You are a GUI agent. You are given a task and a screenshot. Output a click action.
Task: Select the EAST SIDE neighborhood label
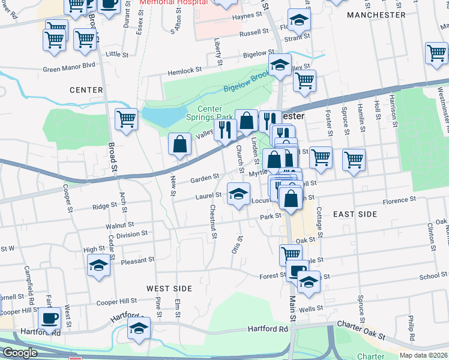coord(355,214)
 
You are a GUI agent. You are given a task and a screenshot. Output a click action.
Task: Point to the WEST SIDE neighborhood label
coord(169,289)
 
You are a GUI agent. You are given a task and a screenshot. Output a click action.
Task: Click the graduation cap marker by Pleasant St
coord(99,266)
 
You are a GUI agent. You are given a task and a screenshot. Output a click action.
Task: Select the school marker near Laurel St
coord(238,194)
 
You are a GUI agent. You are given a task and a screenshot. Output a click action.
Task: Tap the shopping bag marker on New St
coord(180,144)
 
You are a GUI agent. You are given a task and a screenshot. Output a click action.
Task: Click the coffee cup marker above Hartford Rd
coord(49,319)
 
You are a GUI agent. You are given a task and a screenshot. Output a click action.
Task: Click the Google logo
coord(19,353)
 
